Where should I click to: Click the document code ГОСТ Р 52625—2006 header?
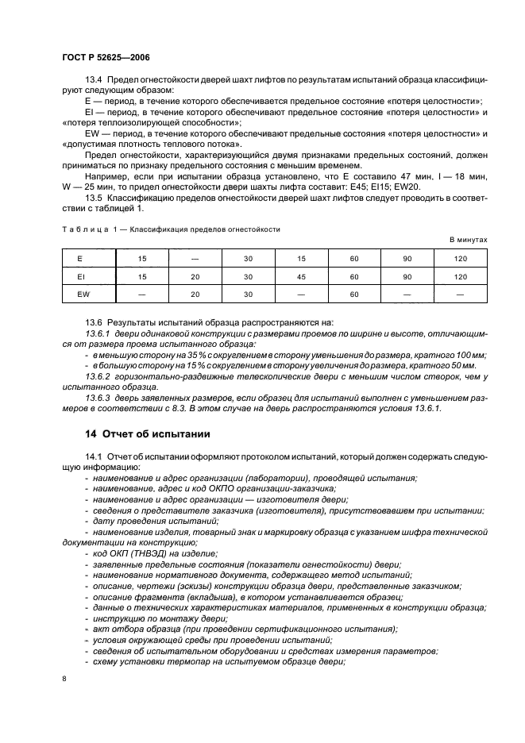106,58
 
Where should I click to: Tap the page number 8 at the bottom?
64,678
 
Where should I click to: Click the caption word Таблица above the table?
83,229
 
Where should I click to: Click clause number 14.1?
94,458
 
